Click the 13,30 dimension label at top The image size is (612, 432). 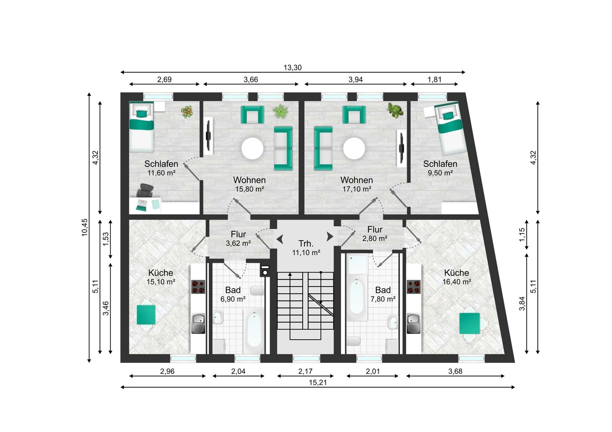[x=292, y=67]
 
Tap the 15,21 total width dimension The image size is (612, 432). [x=318, y=383]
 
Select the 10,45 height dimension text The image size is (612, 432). [x=84, y=227]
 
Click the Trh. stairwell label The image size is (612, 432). [x=306, y=244]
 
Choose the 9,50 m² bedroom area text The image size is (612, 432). [x=440, y=173]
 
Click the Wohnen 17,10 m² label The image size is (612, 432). [x=357, y=184]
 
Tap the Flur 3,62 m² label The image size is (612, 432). [x=238, y=239]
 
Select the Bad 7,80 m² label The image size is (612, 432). [x=383, y=294]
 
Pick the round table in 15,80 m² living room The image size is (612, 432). [x=252, y=148]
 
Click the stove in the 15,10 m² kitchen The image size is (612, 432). [x=198, y=287]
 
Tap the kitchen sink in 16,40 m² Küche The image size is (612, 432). [x=414, y=323]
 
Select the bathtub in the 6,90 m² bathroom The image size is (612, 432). [x=254, y=330]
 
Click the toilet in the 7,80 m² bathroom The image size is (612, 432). [x=353, y=341]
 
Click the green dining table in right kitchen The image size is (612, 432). [x=470, y=323]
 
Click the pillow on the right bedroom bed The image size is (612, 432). [x=449, y=116]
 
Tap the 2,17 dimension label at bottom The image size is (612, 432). [x=305, y=371]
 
